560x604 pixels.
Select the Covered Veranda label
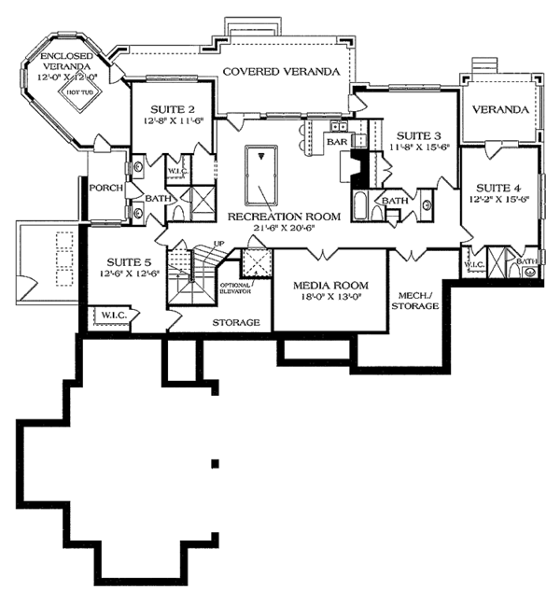pyautogui.click(x=279, y=71)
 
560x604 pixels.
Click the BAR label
pyautogui.click(x=335, y=141)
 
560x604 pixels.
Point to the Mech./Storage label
pyautogui.click(x=413, y=299)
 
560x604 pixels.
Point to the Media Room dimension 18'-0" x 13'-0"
pyautogui.click(x=327, y=297)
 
